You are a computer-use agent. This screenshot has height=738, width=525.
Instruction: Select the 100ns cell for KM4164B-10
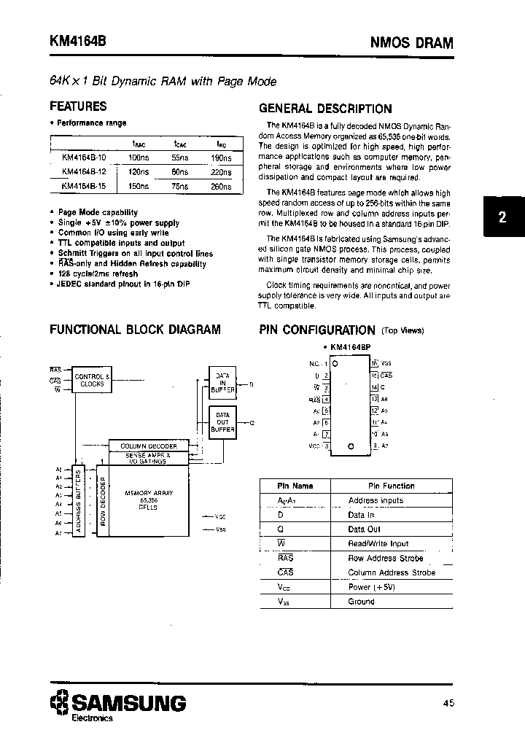(139, 158)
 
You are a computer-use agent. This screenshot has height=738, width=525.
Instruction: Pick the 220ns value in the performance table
(222, 172)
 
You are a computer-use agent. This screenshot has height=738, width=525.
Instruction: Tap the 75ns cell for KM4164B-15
(180, 187)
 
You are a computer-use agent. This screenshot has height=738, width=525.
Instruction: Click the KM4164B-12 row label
(84, 172)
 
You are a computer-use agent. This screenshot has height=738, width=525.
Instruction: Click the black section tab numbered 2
(502, 217)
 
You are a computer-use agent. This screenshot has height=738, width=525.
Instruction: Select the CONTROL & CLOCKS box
(92, 380)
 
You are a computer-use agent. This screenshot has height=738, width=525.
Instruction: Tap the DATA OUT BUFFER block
(222, 422)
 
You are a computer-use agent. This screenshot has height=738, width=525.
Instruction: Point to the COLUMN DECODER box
(148, 446)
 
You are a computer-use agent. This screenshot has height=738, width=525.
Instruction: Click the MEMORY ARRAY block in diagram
(148, 502)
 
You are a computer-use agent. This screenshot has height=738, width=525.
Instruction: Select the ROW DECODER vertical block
(103, 502)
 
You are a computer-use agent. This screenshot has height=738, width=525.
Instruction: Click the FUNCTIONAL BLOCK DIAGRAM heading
(135, 330)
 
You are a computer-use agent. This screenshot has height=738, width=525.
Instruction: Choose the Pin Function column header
(391, 486)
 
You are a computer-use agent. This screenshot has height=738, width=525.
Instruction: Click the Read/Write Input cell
(378, 543)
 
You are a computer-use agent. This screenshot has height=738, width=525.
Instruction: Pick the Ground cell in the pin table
(361, 602)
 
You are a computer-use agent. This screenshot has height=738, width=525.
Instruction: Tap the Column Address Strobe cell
(391, 572)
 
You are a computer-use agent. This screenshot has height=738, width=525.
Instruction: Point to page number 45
(448, 704)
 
